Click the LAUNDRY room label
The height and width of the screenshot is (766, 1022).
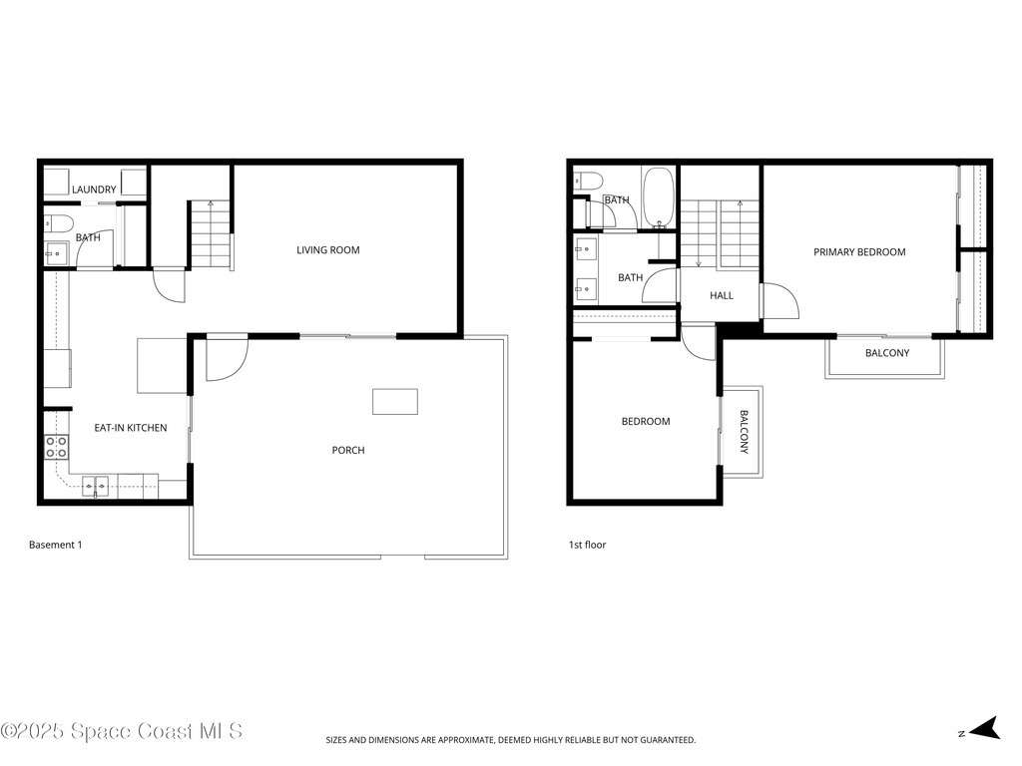[x=94, y=190]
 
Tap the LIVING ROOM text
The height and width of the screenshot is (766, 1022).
[x=327, y=250]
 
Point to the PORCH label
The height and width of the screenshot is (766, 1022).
[x=348, y=451]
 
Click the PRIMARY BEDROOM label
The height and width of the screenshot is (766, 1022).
[x=859, y=252]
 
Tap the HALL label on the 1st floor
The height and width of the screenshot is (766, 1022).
[x=721, y=296]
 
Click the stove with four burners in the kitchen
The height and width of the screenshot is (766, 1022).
[x=57, y=446]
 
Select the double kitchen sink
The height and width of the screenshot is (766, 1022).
[x=96, y=487]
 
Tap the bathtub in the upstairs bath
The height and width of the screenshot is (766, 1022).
[x=658, y=197]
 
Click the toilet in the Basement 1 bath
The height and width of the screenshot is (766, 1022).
[x=59, y=222]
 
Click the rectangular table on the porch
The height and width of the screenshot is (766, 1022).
[x=395, y=401]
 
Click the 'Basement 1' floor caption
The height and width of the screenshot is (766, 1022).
[x=55, y=545]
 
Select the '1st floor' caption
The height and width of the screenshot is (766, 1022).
[x=587, y=545]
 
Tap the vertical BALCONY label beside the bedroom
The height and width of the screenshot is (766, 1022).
[x=744, y=433]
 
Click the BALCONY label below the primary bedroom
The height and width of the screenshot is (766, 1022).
[x=886, y=353]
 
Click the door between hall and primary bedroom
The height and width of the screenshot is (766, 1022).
[x=777, y=301]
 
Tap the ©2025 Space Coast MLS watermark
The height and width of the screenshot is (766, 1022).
[x=122, y=731]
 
